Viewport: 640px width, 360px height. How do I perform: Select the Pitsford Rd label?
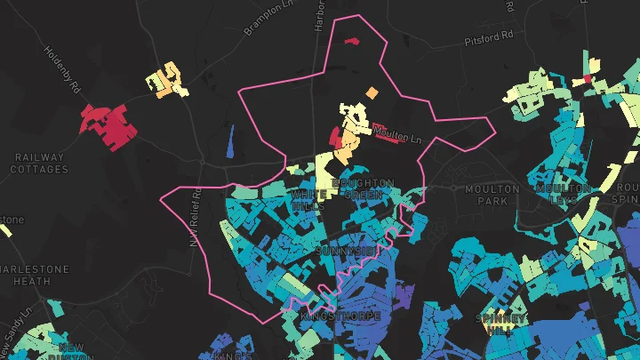click(489, 37)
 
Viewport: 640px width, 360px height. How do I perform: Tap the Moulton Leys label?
click(563, 194)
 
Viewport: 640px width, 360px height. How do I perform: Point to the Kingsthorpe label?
click(341, 316)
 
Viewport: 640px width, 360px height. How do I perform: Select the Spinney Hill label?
click(501, 324)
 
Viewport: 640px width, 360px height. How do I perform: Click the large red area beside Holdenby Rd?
click(110, 126)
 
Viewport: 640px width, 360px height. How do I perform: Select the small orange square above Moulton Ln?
click(371, 92)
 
